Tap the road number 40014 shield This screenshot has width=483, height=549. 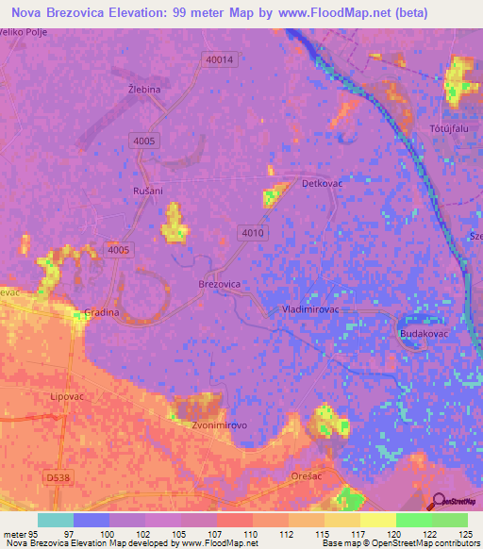tap(218, 59)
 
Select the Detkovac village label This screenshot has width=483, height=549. tap(321, 183)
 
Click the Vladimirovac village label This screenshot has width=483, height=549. tap(316, 308)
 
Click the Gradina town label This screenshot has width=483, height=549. tap(101, 312)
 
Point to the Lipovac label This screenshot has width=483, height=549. tap(68, 398)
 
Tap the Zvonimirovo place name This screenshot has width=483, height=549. tap(219, 425)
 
